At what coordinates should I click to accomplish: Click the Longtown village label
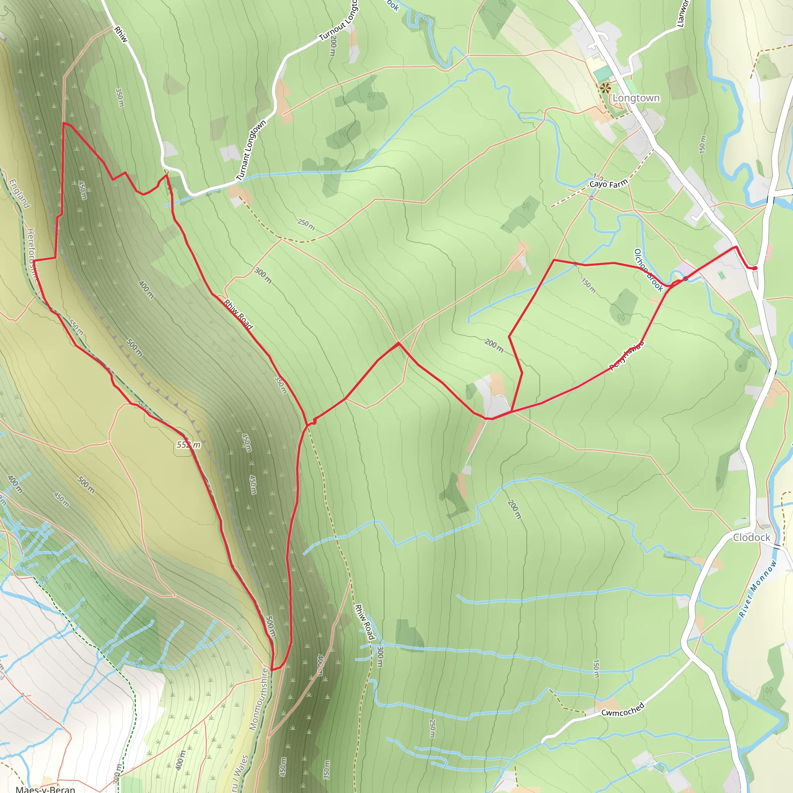coord(636,98)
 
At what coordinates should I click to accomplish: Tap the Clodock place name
coord(752,537)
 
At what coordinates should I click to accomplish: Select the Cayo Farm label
coord(608,184)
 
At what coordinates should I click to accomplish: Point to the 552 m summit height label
coord(189,445)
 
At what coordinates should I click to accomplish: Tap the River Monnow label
coord(758,589)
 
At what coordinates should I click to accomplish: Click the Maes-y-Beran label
coord(45,789)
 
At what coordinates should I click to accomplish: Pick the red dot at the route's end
coord(755,268)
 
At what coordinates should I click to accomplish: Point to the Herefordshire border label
coord(33,255)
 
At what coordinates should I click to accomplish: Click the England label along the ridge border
coord(19,194)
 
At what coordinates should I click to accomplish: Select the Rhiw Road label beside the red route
coord(238,314)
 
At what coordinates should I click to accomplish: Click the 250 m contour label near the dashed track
coord(306,225)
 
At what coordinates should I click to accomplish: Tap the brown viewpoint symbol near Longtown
coord(604,88)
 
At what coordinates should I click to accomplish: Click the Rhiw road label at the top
coord(121,34)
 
